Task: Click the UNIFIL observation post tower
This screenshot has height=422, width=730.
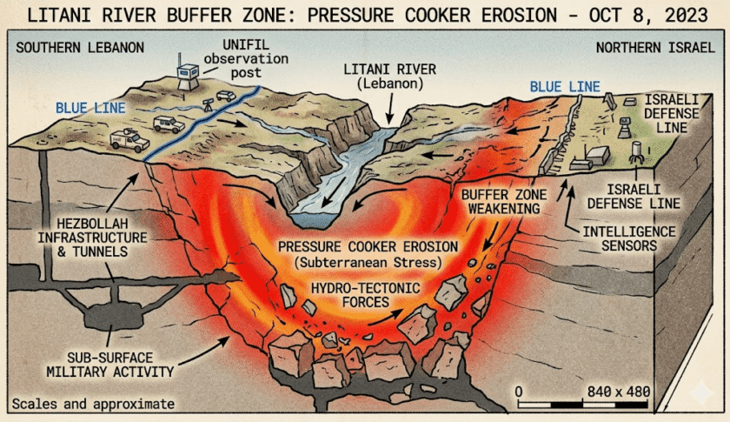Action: tap(188, 75)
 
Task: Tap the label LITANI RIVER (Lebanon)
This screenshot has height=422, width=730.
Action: tap(390, 77)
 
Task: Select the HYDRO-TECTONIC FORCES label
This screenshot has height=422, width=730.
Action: tap(366, 295)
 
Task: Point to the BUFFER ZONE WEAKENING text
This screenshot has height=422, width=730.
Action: tap(504, 202)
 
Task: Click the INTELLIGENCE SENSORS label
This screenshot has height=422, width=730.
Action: tap(629, 238)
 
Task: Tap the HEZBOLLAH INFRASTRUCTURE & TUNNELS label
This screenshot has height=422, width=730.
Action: tap(92, 238)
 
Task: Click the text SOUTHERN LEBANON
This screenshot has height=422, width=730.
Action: tap(80, 48)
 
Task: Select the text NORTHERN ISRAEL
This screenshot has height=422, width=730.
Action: tap(655, 48)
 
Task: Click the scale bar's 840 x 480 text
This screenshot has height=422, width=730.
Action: tap(618, 392)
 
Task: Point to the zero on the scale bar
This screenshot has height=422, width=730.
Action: tap(519, 392)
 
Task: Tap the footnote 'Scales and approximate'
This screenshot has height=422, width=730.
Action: tap(93, 404)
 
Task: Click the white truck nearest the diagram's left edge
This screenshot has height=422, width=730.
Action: tap(129, 140)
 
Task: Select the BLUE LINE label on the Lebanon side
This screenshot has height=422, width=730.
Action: tap(90, 108)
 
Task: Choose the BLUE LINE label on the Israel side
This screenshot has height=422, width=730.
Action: tap(565, 87)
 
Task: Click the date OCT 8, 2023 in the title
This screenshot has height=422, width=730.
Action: tap(648, 15)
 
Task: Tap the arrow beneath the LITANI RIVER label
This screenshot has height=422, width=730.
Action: tap(390, 108)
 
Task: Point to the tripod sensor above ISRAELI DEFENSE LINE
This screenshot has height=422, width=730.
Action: tap(636, 152)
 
